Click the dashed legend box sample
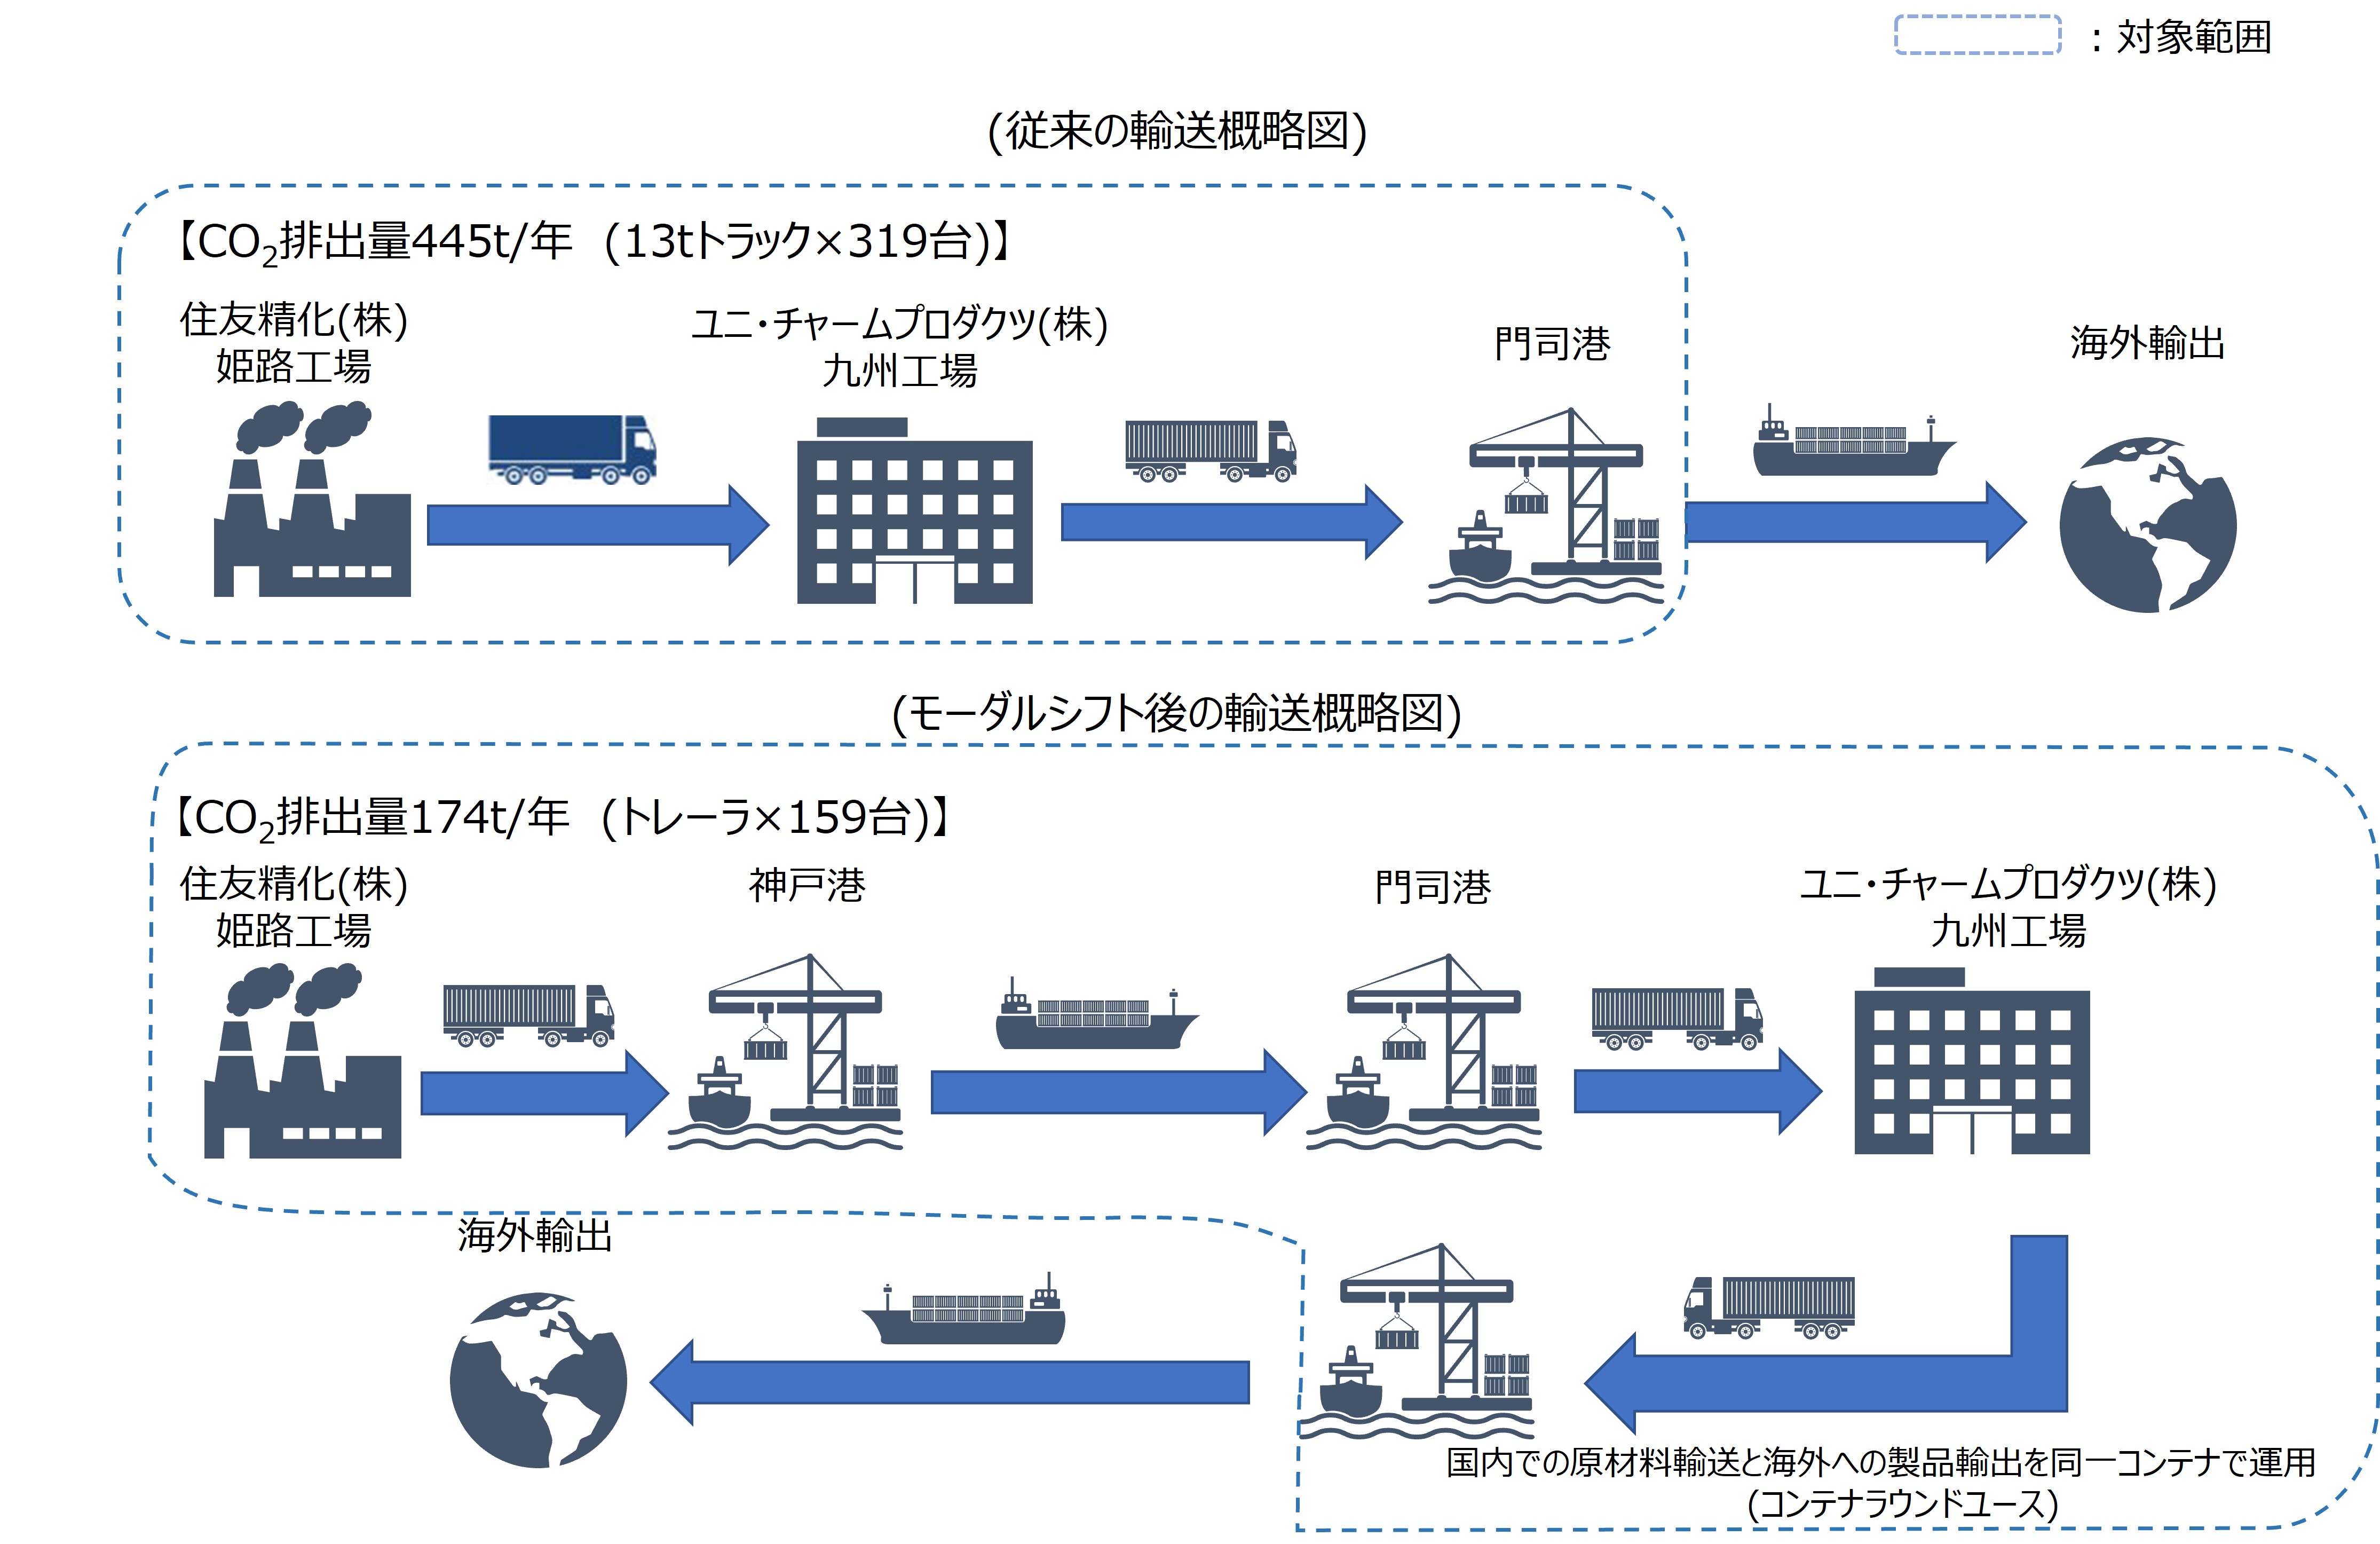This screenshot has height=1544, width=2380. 1977,35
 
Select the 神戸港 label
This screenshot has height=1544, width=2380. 807,885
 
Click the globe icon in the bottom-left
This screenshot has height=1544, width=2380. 538,1380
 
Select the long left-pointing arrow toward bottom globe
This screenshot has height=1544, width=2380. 950,1382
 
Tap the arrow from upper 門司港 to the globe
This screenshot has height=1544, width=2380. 1855,522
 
